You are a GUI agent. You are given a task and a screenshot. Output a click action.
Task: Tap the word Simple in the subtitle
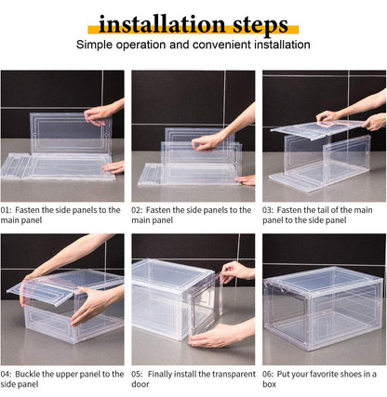(x=95, y=45)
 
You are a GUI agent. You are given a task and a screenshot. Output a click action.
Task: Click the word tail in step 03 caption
(x=337, y=210)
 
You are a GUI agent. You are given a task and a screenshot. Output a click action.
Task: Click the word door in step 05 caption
(x=141, y=384)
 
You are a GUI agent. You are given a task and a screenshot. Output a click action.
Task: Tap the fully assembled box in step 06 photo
(x=322, y=310)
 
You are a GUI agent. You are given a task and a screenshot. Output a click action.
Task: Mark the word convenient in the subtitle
(x=215, y=45)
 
